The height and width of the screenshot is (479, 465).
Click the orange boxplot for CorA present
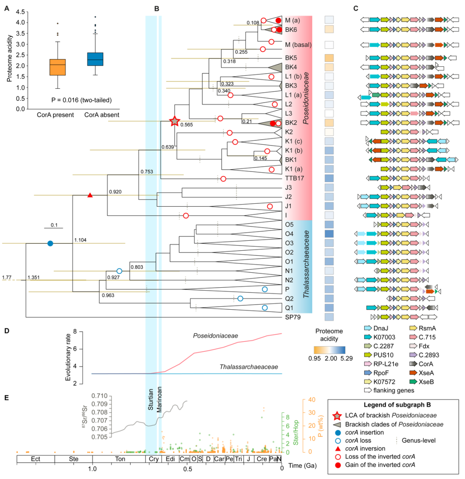pyautogui.click(x=57, y=67)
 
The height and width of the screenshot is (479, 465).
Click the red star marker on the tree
pyautogui.click(x=174, y=121)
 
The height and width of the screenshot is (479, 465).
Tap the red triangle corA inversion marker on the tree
pyautogui.click(x=90, y=195)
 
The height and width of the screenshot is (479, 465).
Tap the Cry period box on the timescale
pyautogui.click(x=152, y=459)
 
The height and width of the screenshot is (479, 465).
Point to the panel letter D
pyautogui.click(x=7, y=331)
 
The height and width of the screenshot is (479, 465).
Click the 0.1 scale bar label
pyautogui.click(x=53, y=224)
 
